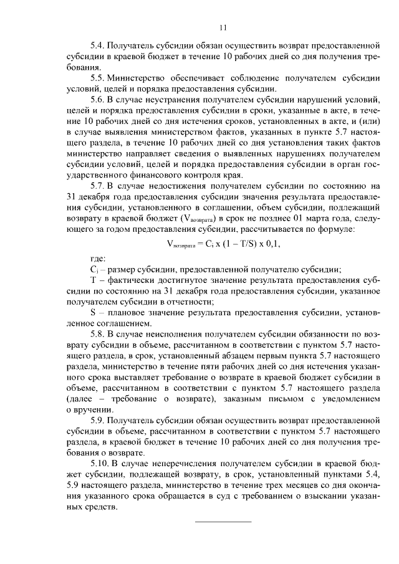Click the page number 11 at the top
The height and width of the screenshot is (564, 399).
tap(223, 27)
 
